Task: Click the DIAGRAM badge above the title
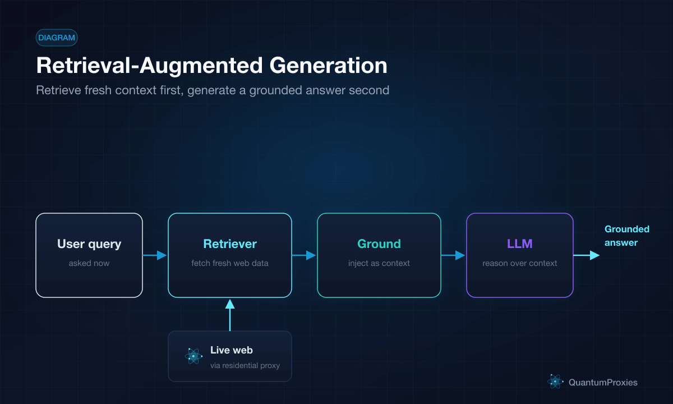tap(57, 38)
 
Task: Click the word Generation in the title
tap(329, 66)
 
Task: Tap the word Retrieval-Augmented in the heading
tap(149, 66)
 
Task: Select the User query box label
tap(89, 244)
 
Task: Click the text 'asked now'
tap(89, 263)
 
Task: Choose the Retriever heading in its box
tap(230, 244)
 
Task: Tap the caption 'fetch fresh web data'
tap(230, 263)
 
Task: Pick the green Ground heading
tap(379, 244)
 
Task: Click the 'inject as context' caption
tap(379, 263)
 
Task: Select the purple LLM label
tap(520, 244)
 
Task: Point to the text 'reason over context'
tap(520, 263)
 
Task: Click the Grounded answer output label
tap(627, 236)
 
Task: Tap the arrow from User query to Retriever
tap(155, 255)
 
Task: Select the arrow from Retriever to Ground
tap(304, 255)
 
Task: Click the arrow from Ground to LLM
tap(453, 255)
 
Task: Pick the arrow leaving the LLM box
tap(587, 255)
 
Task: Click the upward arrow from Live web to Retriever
tap(230, 315)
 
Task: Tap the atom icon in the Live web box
tap(193, 356)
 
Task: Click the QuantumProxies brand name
tap(603, 382)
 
